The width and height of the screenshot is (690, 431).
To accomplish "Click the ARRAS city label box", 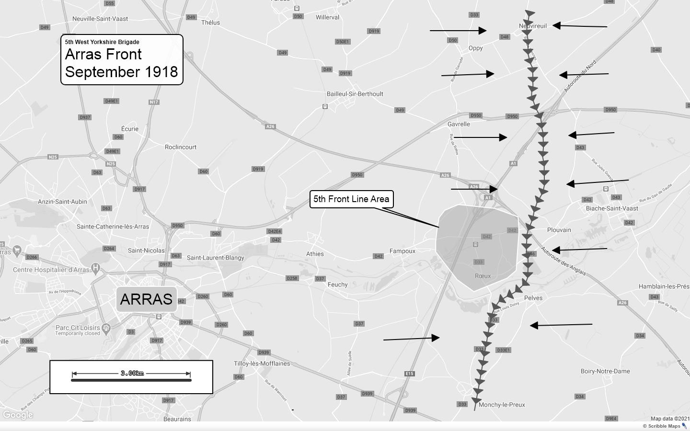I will tap(146, 299).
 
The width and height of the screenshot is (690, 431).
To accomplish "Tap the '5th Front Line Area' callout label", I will tap(351, 199).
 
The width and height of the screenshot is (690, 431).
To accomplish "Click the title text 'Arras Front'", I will tap(103, 54).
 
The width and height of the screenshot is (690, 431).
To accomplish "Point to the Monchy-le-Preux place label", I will tap(502, 405).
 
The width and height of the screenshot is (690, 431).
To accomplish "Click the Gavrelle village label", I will tap(459, 124).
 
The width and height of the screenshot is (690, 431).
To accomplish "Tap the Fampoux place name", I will tap(402, 251).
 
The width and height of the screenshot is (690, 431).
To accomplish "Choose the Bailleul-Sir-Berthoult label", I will tap(355, 94).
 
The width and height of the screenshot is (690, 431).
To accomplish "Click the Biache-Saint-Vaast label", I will tap(612, 208).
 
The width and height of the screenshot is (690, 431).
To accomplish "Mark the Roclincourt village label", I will tap(181, 147).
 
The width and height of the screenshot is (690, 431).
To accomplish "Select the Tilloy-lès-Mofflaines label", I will tap(262, 363).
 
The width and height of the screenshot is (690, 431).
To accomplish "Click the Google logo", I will tap(18, 415).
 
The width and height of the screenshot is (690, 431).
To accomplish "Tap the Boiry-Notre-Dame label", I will tap(605, 371).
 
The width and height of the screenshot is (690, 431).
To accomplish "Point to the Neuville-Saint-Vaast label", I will tap(100, 19).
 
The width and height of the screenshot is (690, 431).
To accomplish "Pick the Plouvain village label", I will tap(559, 230).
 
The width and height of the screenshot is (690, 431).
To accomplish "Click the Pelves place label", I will tap(533, 298).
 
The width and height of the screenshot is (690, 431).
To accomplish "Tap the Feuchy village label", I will tap(337, 284).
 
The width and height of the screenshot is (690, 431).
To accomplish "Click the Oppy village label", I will tap(476, 48).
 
